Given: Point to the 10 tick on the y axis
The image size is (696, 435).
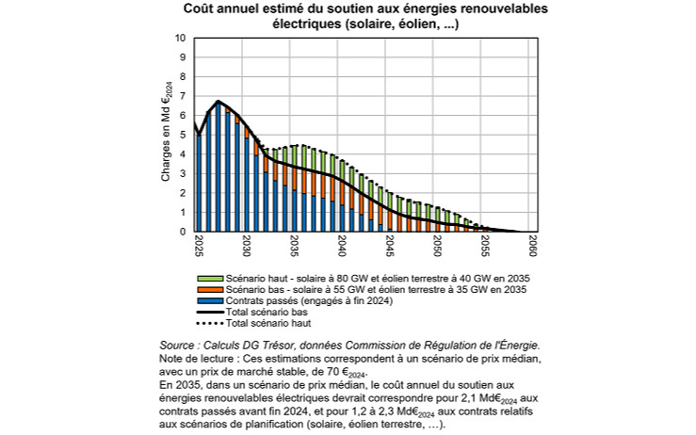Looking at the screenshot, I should [x=181, y=39].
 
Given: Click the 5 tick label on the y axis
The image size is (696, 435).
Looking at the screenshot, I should [x=184, y=135].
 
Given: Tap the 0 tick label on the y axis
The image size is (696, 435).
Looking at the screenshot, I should [x=184, y=232].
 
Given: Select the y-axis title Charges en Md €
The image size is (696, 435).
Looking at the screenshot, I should [x=166, y=135].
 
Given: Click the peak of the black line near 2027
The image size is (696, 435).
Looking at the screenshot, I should [x=219, y=101].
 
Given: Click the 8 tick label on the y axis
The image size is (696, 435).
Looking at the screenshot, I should [x=184, y=77].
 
